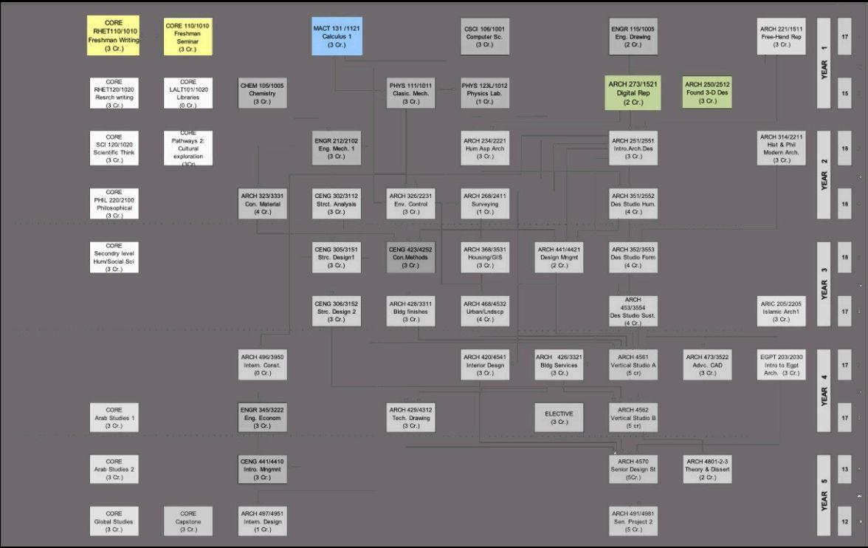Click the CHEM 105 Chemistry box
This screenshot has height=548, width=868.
coord(262,94)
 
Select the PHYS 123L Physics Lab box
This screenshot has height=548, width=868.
coord(484,94)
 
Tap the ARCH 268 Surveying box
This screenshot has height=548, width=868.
coord(484,204)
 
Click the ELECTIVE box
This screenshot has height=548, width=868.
coord(559,418)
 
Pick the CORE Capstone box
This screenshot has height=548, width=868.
coord(188,521)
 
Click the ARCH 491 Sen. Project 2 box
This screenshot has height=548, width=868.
coord(633,521)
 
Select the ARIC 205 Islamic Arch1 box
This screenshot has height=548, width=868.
coord(781,312)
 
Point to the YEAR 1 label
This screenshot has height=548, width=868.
coord(824,63)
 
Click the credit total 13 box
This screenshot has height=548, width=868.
coord(844,469)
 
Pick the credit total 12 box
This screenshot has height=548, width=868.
coord(844,521)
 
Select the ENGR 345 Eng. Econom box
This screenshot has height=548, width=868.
coord(262,418)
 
